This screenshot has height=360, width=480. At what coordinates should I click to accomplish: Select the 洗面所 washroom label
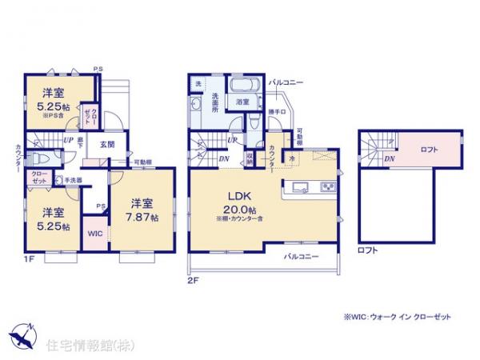click(216, 99)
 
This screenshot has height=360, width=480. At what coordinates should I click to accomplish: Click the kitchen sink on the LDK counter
click(300, 188)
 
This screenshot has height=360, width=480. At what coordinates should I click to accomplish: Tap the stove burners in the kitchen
click(328, 188)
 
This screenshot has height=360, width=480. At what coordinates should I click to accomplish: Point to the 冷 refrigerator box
click(291, 158)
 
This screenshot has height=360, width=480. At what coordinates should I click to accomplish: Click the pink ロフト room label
click(430, 150)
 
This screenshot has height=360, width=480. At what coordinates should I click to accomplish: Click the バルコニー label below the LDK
click(302, 257)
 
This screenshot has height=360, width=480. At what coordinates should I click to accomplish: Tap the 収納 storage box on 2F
click(250, 158)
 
